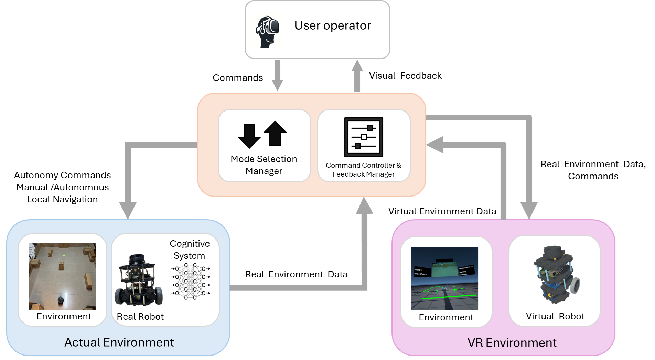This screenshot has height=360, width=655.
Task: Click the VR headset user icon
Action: pyautogui.click(x=267, y=31)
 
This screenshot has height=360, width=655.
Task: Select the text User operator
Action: pyautogui.click(x=332, y=25)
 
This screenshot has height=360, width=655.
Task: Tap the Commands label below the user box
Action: pyautogui.click(x=237, y=78)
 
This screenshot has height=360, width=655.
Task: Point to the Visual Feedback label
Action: pyautogui.click(x=405, y=76)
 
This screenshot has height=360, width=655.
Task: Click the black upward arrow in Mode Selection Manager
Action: pyautogui.click(x=275, y=133)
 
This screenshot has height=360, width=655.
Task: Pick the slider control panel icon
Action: pyautogui.click(x=364, y=137)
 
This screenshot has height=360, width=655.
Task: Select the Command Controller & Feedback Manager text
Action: pyautogui.click(x=363, y=170)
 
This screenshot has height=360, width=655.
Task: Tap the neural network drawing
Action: pyautogui.click(x=190, y=281)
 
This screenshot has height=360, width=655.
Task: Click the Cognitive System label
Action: pyautogui.click(x=190, y=250)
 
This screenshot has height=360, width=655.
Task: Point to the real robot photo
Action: pyautogui.click(x=139, y=280)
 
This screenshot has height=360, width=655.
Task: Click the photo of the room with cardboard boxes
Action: pyautogui.click(x=63, y=276)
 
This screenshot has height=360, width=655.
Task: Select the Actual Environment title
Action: pyautogui.click(x=119, y=342)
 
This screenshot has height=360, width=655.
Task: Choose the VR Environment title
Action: pyautogui.click(x=512, y=343)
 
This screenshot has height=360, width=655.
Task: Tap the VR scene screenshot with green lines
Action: pyautogui.click(x=444, y=278)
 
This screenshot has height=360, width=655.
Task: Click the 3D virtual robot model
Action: pyautogui.click(x=555, y=274)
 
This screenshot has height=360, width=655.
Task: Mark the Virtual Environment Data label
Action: pyautogui.click(x=442, y=211)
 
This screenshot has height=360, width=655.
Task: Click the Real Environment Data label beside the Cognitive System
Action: pyautogui.click(x=296, y=274)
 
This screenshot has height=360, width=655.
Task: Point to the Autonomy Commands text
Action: pyautogui.click(x=62, y=175)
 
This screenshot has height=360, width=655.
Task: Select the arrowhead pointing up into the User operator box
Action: pyautogui.click(x=357, y=65)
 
